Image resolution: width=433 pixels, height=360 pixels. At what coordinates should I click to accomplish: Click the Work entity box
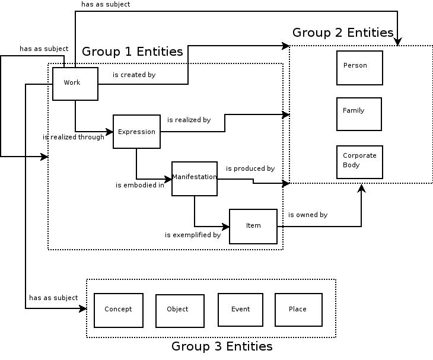(x=75, y=84)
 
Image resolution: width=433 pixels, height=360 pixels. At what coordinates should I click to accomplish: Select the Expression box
(x=136, y=132)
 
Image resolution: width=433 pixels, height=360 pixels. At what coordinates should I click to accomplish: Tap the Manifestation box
(x=195, y=179)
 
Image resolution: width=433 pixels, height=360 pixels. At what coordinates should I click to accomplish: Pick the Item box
(x=253, y=226)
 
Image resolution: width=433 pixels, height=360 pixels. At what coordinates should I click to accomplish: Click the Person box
(x=359, y=68)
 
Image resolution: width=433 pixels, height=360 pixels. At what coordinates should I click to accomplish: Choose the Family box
(x=359, y=114)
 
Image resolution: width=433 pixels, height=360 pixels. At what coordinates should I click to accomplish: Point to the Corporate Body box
(x=359, y=162)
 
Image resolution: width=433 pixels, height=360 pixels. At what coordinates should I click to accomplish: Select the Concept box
(x=119, y=310)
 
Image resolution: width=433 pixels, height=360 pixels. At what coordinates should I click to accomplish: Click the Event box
(x=240, y=310)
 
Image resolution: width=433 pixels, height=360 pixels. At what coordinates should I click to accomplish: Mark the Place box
(x=298, y=310)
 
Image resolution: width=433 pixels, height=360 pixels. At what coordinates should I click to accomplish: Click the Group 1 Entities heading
(x=132, y=52)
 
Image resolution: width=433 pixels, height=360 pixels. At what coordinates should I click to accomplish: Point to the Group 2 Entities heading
(x=343, y=33)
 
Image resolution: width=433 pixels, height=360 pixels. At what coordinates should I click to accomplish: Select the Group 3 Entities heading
(x=222, y=346)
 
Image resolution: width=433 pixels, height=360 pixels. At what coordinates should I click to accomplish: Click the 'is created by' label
(x=134, y=75)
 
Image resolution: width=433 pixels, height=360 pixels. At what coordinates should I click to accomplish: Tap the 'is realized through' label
(x=74, y=137)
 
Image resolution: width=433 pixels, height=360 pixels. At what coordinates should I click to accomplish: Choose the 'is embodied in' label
(x=140, y=185)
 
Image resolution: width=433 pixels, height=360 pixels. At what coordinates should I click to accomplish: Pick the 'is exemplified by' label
(x=193, y=235)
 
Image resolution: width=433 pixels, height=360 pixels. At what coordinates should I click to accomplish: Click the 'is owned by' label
(x=308, y=215)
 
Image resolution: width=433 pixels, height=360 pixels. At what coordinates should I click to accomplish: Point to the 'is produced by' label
(x=250, y=168)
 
